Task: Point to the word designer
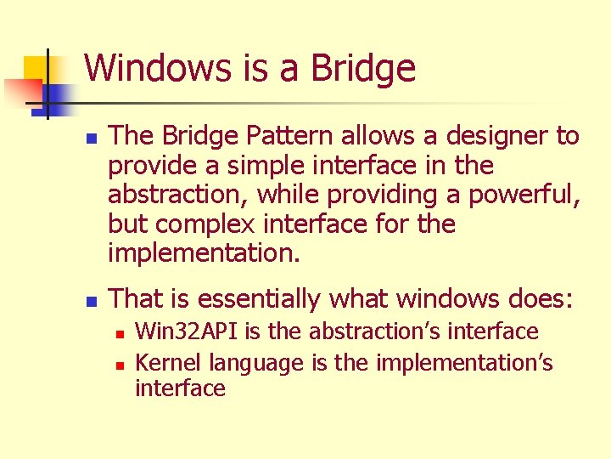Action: point(483,136)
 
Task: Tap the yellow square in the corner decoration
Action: point(34,68)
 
